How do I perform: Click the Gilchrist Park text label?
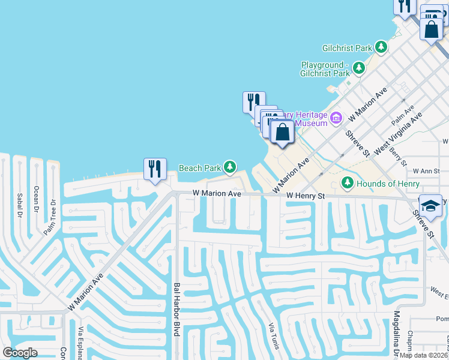point(346,46)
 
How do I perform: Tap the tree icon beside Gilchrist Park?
point(381,47)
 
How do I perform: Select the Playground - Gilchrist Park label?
point(325,69)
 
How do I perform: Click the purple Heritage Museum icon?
point(336,117)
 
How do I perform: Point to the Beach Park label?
point(200,168)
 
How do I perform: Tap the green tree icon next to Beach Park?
point(230,166)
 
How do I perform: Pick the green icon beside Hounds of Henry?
point(347,182)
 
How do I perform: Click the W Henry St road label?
point(305,196)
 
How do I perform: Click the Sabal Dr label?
point(20,204)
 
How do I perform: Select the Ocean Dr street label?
point(36,200)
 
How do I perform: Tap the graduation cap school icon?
point(430,206)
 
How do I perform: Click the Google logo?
point(20,353)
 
